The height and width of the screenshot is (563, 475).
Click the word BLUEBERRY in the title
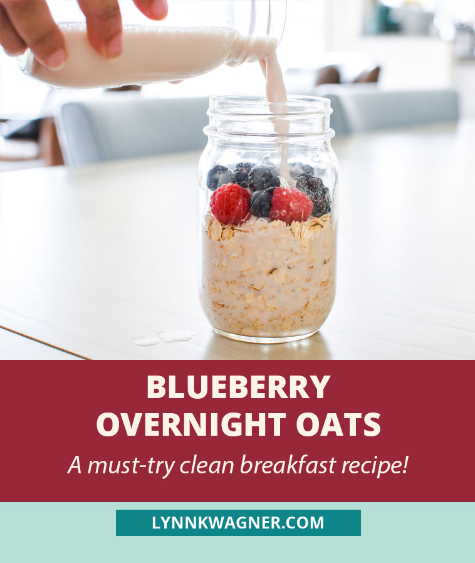(238, 387)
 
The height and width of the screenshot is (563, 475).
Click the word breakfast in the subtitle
(288, 465)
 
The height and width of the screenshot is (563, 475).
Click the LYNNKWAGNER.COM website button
(238, 523)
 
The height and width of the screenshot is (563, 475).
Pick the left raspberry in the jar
(230, 204)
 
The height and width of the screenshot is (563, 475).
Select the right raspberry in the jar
(291, 205)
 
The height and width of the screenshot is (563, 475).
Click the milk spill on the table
(164, 337)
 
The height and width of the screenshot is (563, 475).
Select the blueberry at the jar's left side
(219, 177)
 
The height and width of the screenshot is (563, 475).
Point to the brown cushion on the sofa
(367, 75)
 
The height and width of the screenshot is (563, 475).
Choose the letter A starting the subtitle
(75, 465)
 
